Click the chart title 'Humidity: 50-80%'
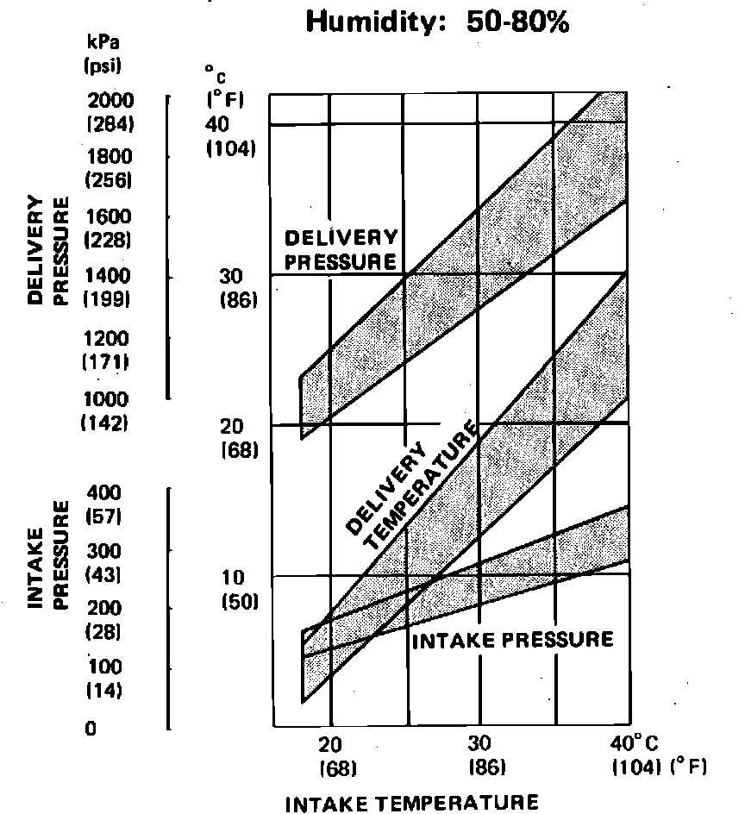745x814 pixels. point(437,22)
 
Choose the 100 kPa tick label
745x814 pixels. point(103,667)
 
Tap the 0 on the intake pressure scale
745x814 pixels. point(91,729)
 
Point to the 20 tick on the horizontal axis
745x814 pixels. point(331,744)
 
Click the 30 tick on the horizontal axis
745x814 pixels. point(479,744)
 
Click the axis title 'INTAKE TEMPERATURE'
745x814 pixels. point(411,803)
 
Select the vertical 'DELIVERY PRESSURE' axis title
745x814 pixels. point(48,250)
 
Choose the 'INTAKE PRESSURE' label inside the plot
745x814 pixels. point(512,640)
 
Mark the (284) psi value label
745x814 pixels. point(110,124)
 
